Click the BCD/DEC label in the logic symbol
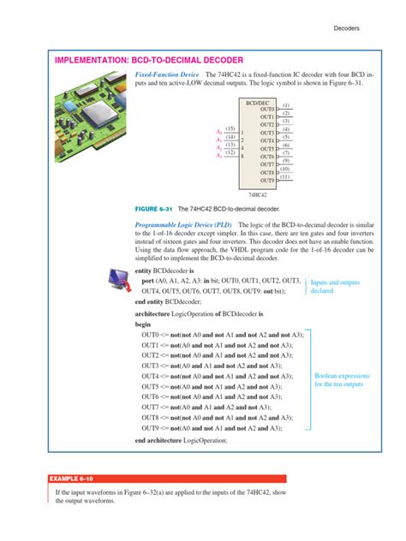click(259, 102)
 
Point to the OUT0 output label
click(266, 110)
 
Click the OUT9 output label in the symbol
click(266, 181)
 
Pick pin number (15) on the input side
click(230, 128)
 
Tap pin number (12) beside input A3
click(230, 152)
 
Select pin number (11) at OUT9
click(286, 177)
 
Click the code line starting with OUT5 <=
click(213, 387)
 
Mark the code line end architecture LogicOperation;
click(182, 440)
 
